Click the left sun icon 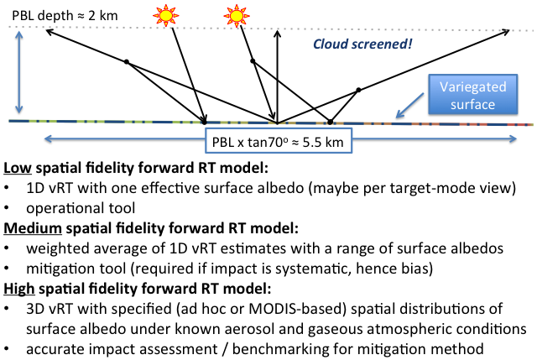coord(166,15)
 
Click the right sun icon coord(237,15)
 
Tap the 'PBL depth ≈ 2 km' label coord(65,16)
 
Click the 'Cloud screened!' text coord(362,44)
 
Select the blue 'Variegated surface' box coord(472,94)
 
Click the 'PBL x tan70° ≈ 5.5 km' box coord(279,140)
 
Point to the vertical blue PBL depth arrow coord(19,72)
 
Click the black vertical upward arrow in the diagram coord(278,76)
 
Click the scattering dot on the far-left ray coord(127,61)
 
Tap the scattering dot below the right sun coord(253,61)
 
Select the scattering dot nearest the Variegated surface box coord(358,90)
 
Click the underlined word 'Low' coord(18,168)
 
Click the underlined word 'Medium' coord(33,228)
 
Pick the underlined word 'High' coord(18,289)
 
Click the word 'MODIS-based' coord(298,309)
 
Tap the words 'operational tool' coord(81,208)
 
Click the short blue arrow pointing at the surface coord(409,106)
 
